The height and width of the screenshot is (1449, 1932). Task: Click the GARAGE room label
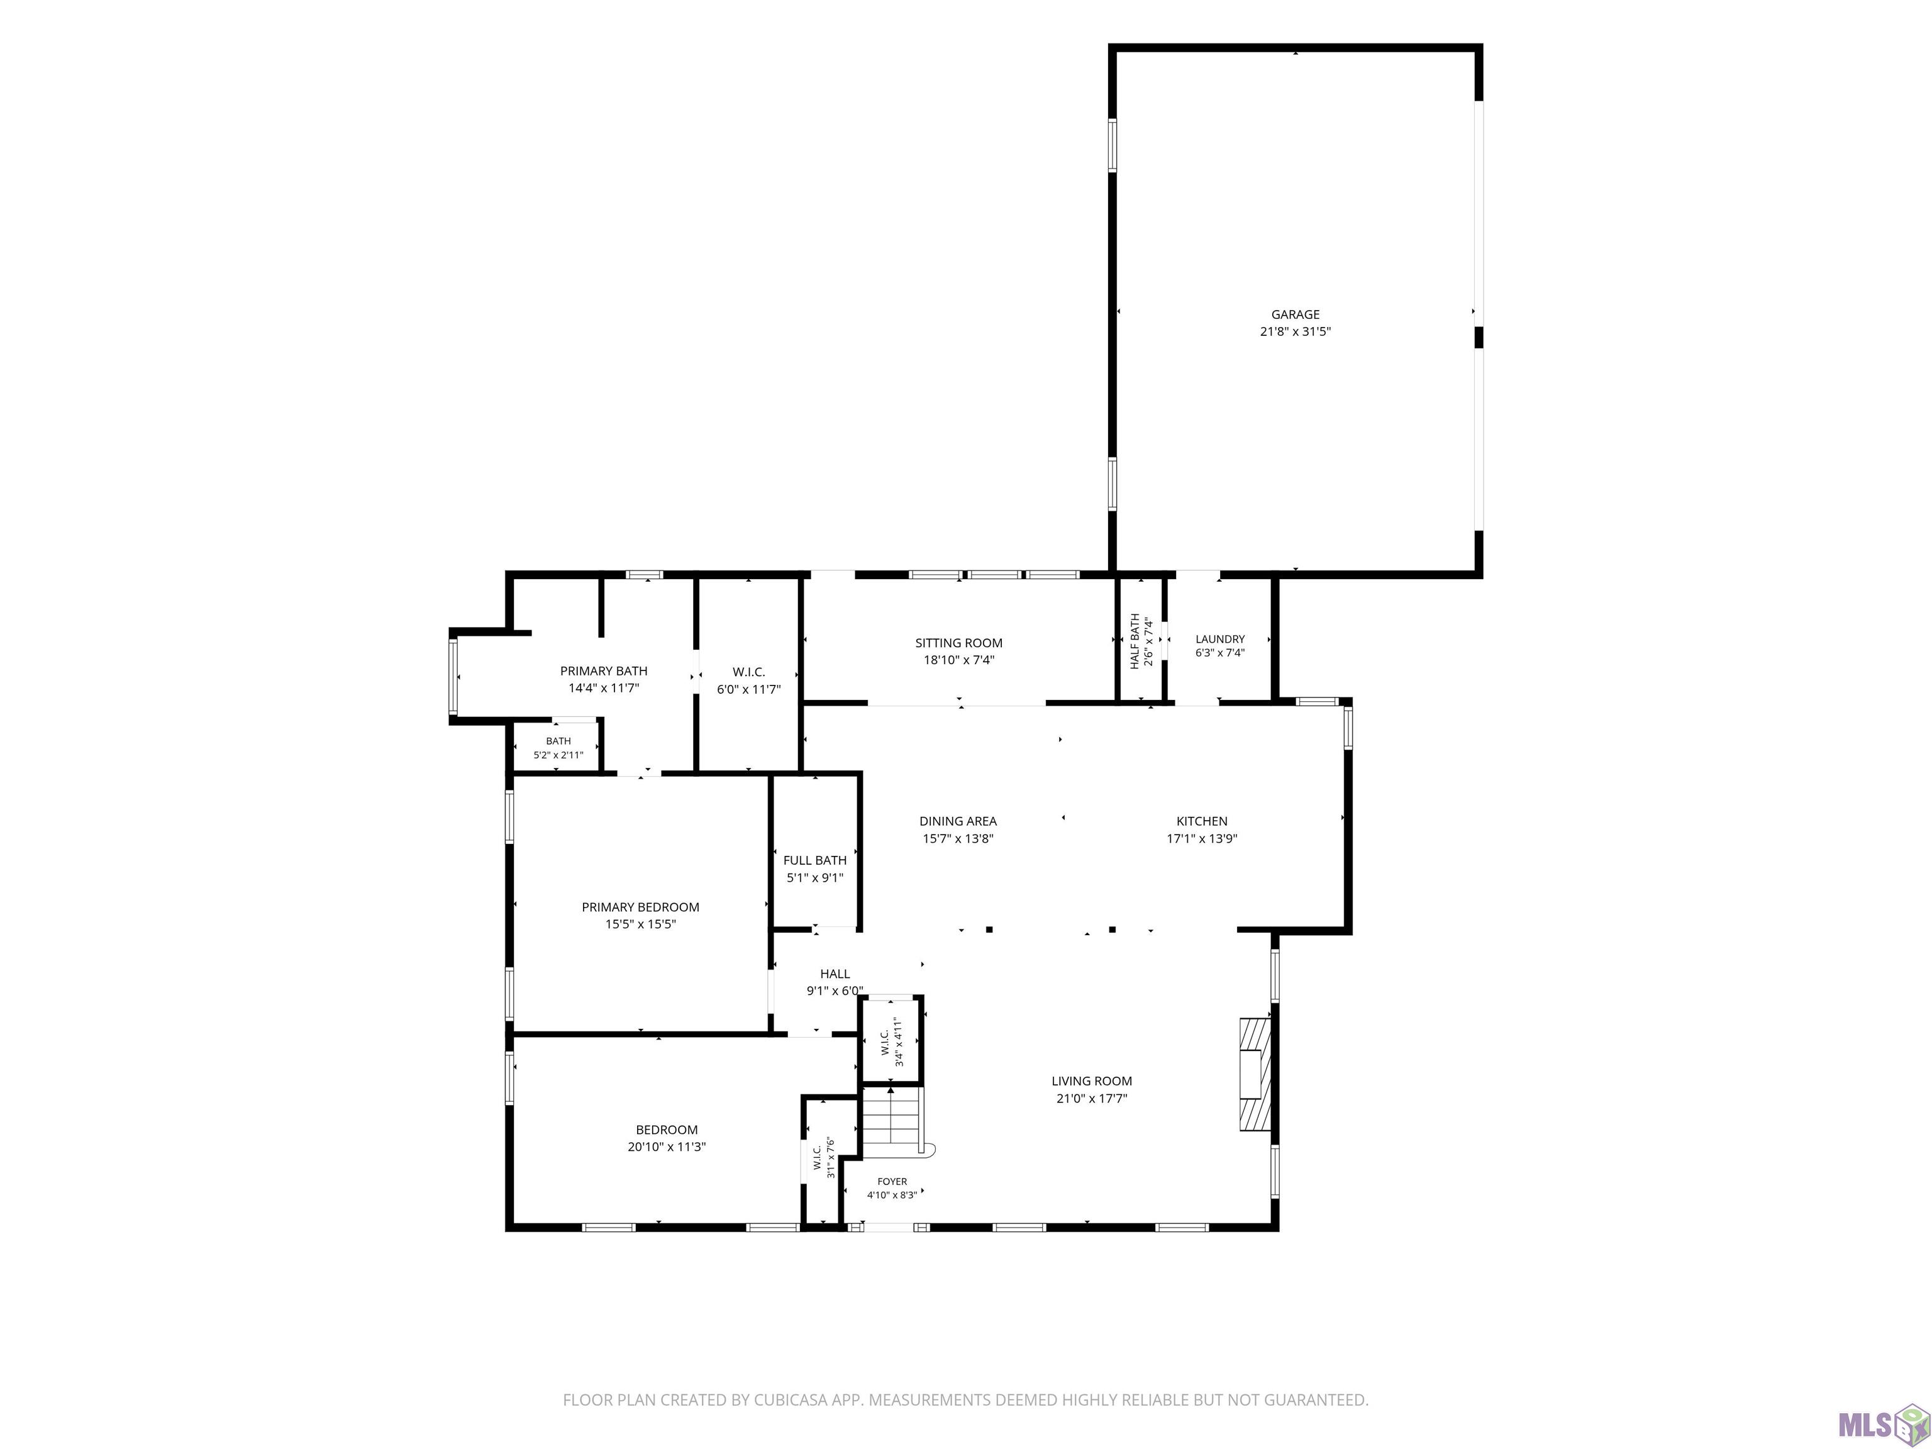[x=1296, y=314]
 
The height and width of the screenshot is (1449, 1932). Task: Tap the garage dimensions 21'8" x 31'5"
[x=1296, y=332]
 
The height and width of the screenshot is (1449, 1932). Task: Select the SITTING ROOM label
[x=959, y=643]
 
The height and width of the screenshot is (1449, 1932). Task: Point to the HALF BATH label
[x=1135, y=641]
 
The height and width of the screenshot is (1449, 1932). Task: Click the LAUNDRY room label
[x=1220, y=640]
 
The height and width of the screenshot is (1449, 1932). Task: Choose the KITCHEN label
[x=1202, y=821]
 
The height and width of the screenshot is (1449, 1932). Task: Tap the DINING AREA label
[x=958, y=821]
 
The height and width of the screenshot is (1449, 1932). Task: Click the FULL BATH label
[x=815, y=860]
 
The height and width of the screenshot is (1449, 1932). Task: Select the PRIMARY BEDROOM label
[x=640, y=908]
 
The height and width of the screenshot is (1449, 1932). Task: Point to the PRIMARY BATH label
[x=604, y=671]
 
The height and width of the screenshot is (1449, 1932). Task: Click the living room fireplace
[x=1256, y=1074]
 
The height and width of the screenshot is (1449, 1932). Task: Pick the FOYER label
[x=892, y=1182]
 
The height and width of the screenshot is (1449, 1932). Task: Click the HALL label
[x=835, y=974]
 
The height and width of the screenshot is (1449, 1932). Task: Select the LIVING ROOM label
[x=1092, y=1081]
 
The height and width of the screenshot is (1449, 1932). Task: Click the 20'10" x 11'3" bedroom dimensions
[x=667, y=1146]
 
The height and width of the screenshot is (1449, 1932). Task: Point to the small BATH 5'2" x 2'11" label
[x=558, y=748]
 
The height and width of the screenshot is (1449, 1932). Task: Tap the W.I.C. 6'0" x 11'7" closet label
[x=748, y=680]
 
